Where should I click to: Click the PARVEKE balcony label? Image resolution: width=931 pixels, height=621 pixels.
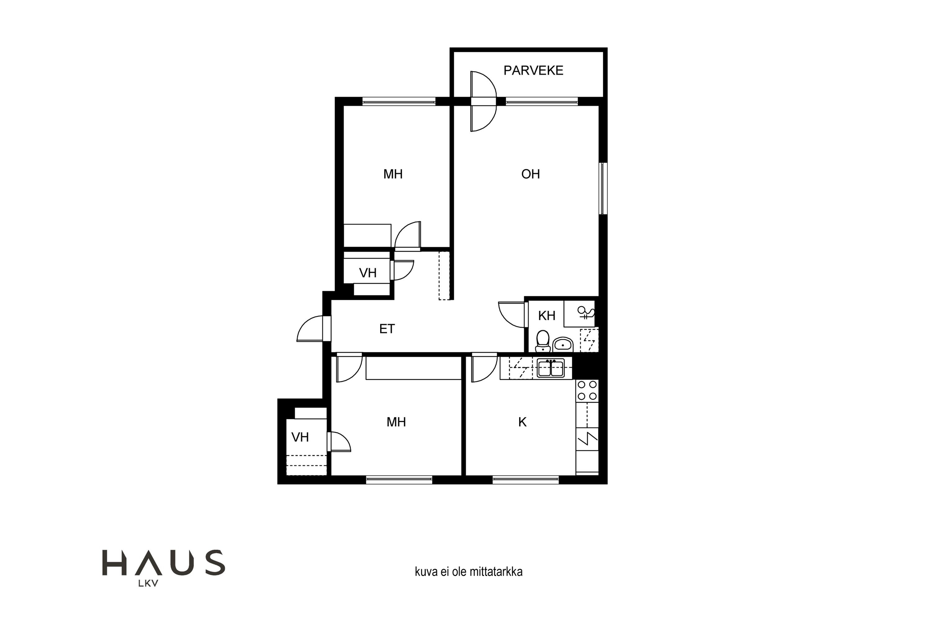point(533,70)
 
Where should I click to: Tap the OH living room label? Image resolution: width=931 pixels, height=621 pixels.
point(530,174)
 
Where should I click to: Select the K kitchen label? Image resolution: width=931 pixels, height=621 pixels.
point(523,422)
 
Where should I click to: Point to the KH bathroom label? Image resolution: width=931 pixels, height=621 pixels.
point(546,316)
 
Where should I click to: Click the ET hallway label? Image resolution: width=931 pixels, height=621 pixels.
point(387,329)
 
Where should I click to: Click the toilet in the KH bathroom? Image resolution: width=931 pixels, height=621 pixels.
point(543,341)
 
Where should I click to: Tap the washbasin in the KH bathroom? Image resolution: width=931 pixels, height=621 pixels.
point(562,345)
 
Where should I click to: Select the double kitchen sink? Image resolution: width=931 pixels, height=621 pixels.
point(551,368)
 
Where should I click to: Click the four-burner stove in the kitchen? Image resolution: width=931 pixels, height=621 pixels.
point(587,391)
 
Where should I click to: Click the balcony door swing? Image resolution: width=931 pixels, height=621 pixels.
point(483,102)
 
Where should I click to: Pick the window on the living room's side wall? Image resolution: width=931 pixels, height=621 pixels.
point(603,188)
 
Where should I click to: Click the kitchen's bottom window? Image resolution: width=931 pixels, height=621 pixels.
point(526,480)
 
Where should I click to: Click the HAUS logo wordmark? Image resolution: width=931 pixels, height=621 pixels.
point(164,563)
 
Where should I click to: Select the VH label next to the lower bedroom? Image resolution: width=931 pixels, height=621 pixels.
point(300,437)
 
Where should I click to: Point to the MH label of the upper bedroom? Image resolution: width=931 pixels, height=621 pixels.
point(393,174)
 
